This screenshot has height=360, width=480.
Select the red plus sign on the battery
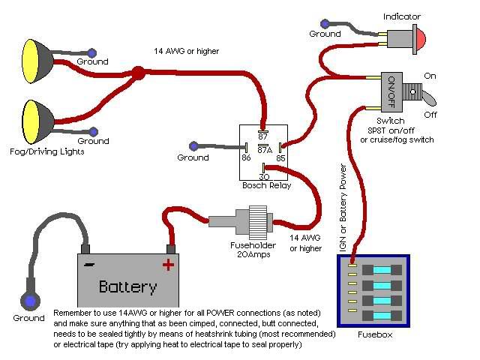point(168,264)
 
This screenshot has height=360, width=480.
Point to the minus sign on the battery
point(89,264)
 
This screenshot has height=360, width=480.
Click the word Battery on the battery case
point(128,286)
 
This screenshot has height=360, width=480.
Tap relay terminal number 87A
point(264,149)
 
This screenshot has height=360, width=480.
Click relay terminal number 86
point(245,158)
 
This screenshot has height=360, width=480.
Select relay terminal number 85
point(280,158)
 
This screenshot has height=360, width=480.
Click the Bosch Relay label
point(264,185)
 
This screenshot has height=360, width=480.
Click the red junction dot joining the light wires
point(138,73)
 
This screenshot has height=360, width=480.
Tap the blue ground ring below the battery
point(29,301)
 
